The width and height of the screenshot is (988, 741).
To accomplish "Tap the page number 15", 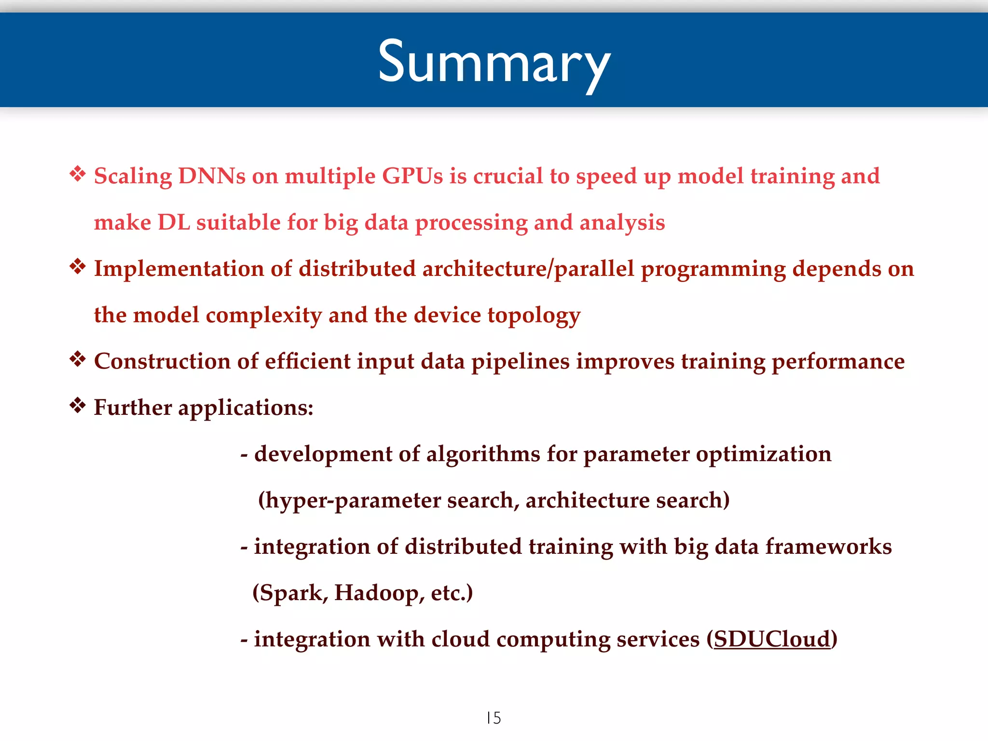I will point(494,718).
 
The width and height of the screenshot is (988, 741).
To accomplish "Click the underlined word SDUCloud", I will point(772,640).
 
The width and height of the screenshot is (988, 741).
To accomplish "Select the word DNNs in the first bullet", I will point(212,176).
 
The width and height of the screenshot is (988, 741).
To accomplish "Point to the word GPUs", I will point(412,176).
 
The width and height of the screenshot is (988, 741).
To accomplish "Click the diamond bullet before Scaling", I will point(78,174).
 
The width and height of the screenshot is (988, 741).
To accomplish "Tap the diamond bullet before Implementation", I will point(78,266).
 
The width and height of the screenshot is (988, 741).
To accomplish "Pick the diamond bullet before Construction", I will point(78,359).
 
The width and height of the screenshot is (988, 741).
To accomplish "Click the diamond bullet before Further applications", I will point(78,405).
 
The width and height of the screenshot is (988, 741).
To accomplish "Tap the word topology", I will point(534,316).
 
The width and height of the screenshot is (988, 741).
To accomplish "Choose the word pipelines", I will point(520,362).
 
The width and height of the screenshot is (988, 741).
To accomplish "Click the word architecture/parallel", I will point(528,269).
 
